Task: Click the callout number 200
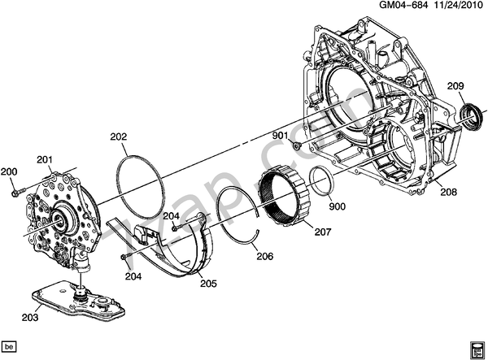coord(9,171)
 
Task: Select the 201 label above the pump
coord(44,159)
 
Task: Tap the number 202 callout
coord(119,138)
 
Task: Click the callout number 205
coord(207,284)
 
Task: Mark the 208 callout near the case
coord(448,193)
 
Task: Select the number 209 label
coord(455,86)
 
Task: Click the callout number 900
coord(338,206)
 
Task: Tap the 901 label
coord(281,135)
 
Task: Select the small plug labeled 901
coord(299,147)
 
